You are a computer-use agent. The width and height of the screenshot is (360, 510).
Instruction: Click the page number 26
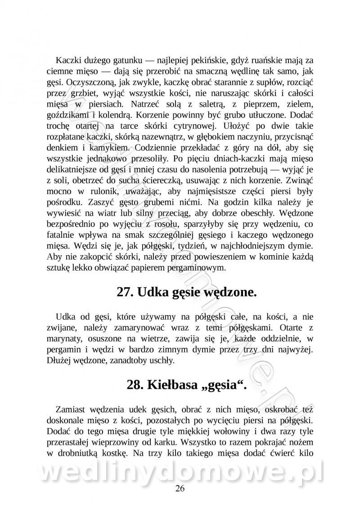pyautogui.click(x=180, y=489)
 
